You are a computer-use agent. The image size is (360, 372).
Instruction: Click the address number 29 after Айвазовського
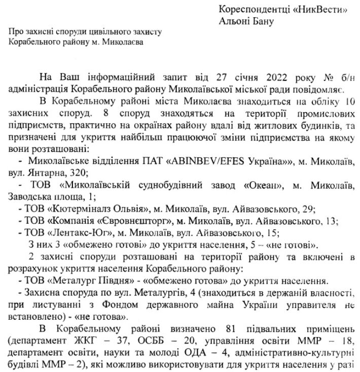point(306,209)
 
